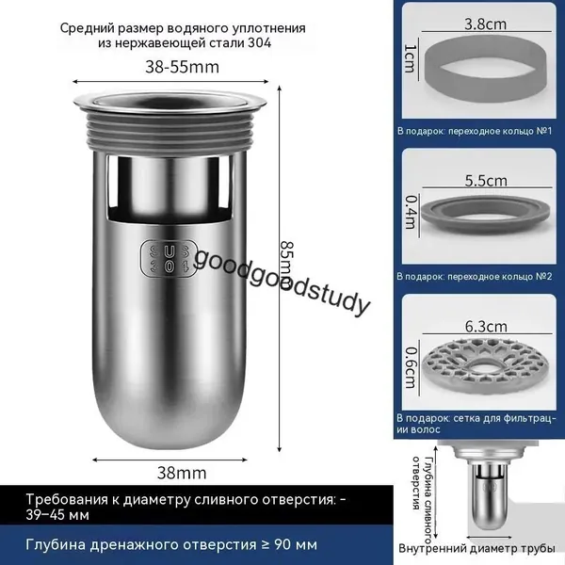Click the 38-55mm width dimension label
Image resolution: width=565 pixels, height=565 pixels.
coord(182,67)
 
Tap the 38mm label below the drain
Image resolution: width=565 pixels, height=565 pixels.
coord(182,473)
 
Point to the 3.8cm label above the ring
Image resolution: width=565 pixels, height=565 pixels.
coord(485,24)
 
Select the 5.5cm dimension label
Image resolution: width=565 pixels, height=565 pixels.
coord(486,180)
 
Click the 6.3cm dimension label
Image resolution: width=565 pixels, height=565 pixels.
coord(486,327)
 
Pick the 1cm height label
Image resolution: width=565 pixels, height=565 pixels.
coord(410,58)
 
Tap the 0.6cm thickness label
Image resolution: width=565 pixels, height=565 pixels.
coord(411,367)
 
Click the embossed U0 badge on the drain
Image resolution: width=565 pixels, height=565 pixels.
coord(169,258)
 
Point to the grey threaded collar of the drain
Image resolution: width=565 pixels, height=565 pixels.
coord(169,133)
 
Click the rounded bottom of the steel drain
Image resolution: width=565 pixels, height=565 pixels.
coord(170,414)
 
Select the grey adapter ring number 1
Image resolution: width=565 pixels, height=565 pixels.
coord(485,73)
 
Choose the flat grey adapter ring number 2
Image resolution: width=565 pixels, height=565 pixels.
coord(485,216)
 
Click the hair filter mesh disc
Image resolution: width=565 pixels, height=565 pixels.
coord(486,367)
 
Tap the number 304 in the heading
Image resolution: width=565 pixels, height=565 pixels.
coord(260,43)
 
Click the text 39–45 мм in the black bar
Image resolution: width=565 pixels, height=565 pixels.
coord(57,515)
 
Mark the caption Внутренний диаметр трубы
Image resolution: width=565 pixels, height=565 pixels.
coord(476,548)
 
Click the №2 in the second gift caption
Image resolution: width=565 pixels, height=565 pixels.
coord(544,276)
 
